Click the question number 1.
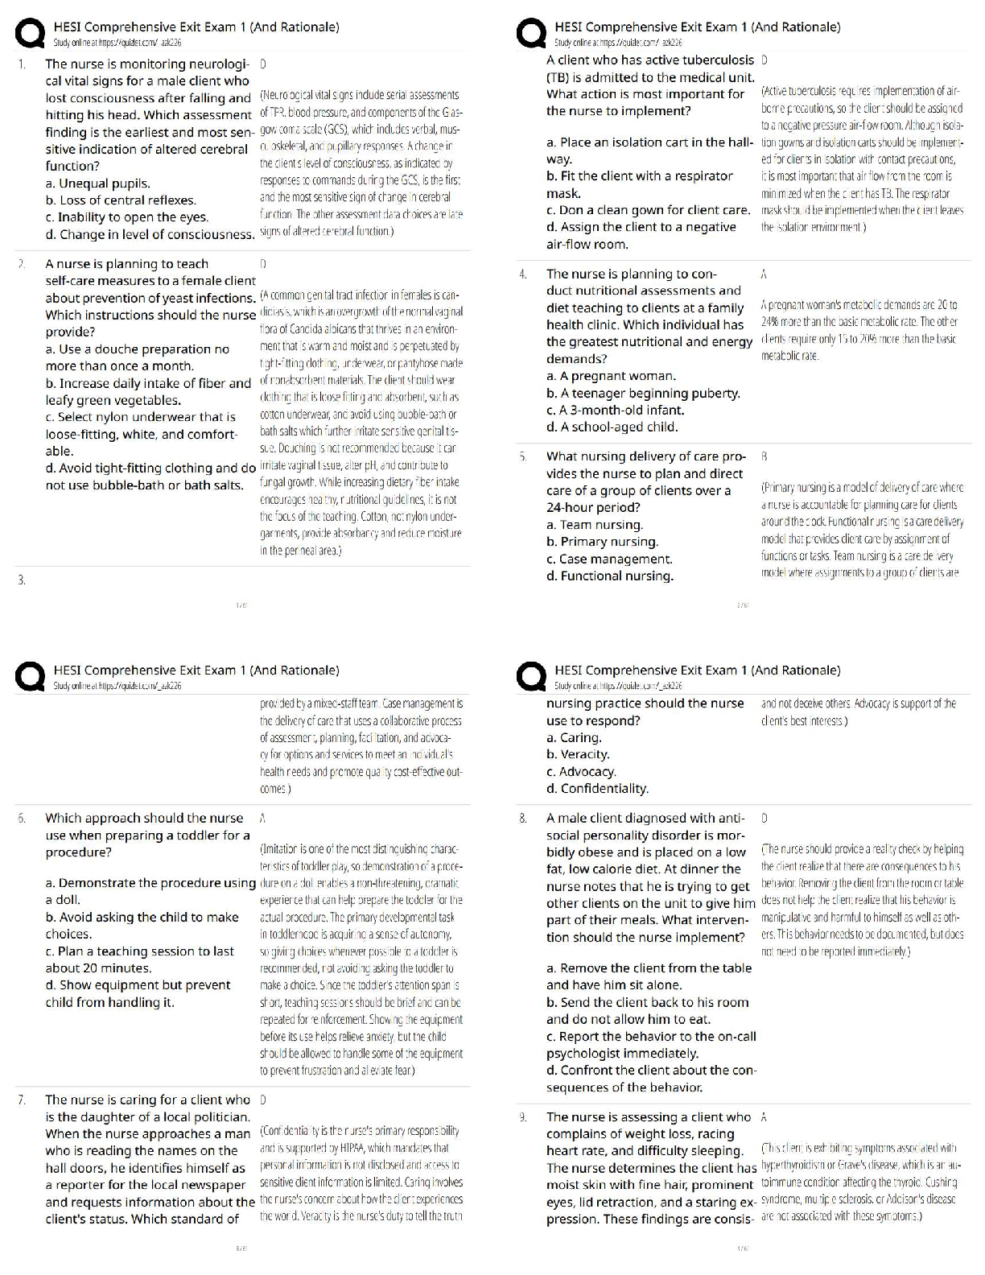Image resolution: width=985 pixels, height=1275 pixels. pos(22,64)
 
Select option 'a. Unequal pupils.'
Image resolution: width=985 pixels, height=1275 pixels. pos(97,184)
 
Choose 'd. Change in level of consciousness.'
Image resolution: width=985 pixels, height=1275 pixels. pos(150,234)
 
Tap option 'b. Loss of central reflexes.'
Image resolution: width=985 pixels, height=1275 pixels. pos(121,200)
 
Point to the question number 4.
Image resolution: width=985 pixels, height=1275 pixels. pos(523,274)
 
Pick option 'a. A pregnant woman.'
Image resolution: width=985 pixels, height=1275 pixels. pos(611,376)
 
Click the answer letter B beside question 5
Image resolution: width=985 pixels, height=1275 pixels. pos(764,456)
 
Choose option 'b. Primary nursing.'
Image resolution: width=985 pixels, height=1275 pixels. pos(602,542)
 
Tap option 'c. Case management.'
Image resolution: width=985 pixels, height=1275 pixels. pos(609,559)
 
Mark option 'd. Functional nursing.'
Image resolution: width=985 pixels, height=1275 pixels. pos(610,576)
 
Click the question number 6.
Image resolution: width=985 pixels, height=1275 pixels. pos(22,819)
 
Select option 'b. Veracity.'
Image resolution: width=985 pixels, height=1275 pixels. pos(578,755)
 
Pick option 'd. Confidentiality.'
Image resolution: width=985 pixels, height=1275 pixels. pos(597,789)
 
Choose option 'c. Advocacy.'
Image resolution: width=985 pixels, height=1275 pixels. pos(581,772)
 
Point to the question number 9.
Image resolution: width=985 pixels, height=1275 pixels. pos(523,1117)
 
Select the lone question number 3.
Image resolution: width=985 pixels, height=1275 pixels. pos(22,580)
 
